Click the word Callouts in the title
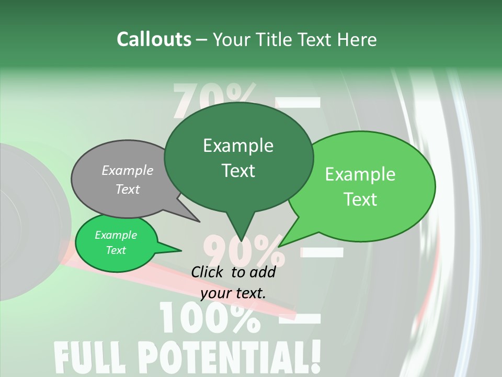(154, 39)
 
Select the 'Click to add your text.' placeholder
(233, 282)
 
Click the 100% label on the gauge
(209, 318)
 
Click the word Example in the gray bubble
(127, 171)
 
